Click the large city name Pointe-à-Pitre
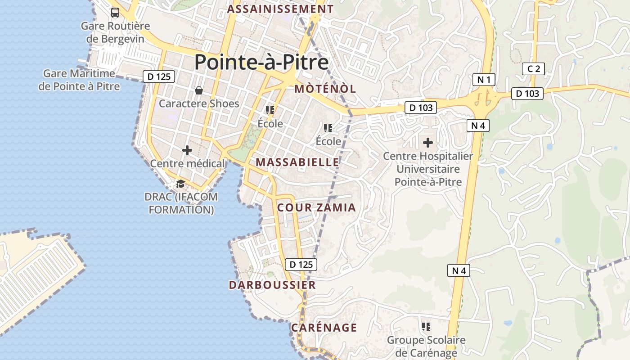(x=261, y=62)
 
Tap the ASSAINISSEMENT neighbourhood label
(x=280, y=9)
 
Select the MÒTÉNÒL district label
(x=325, y=89)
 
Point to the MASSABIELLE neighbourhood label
(x=297, y=162)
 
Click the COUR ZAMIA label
(x=316, y=207)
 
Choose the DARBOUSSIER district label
(x=272, y=285)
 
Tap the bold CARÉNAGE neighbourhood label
(x=324, y=328)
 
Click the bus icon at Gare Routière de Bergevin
(x=115, y=13)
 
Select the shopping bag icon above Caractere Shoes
(x=199, y=90)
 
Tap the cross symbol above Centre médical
(x=187, y=150)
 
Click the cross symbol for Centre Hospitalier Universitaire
(x=428, y=143)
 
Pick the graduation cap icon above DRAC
(x=180, y=184)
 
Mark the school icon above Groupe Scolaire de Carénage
(x=426, y=326)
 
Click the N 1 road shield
(x=484, y=80)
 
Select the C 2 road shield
(x=534, y=69)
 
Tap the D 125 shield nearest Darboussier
(x=301, y=264)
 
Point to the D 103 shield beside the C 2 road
(x=527, y=94)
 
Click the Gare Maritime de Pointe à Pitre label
(x=80, y=80)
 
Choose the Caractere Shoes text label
(x=199, y=103)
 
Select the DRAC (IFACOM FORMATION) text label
(x=181, y=203)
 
